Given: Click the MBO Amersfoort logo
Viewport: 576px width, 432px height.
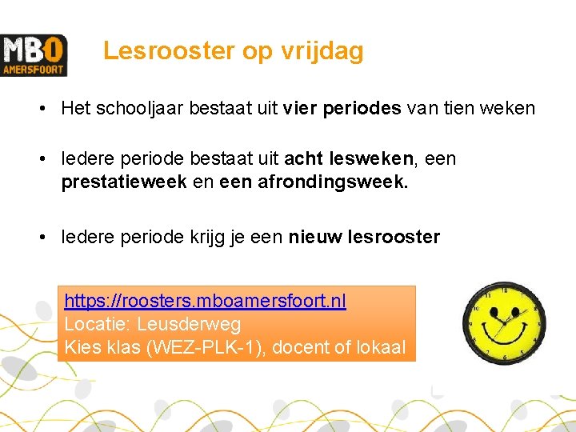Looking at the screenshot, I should click(34, 55).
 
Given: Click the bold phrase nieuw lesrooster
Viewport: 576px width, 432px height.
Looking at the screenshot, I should click(364, 238).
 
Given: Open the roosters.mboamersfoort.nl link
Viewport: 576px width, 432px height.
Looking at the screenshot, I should click(205, 302).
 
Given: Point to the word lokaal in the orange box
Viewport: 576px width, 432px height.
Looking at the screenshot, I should click(379, 348).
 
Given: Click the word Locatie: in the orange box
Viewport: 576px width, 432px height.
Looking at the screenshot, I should click(98, 325).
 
